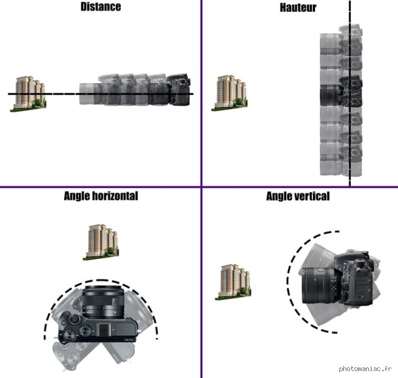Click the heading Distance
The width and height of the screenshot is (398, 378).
click(x=101, y=6)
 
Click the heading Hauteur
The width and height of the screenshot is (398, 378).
click(x=298, y=8)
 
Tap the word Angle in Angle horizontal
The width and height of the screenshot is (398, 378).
click(x=77, y=196)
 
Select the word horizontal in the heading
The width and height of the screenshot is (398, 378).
click(x=115, y=196)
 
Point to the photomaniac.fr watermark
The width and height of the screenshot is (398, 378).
click(x=365, y=369)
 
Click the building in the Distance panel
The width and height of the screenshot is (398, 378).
click(x=28, y=93)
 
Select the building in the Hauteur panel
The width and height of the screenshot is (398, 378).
click(x=230, y=93)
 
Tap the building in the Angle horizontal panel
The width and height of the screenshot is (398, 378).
click(x=101, y=242)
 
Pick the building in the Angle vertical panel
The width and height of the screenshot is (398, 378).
click(x=233, y=282)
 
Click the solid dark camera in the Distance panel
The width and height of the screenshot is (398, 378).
click(x=178, y=89)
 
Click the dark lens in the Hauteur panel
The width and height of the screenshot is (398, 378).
click(x=330, y=95)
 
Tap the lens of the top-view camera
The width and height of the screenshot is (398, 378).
click(x=103, y=302)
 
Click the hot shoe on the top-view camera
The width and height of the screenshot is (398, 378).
click(x=103, y=329)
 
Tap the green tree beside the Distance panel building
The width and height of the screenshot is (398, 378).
click(x=38, y=103)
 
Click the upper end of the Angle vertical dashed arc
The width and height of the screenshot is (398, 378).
click(x=339, y=231)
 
